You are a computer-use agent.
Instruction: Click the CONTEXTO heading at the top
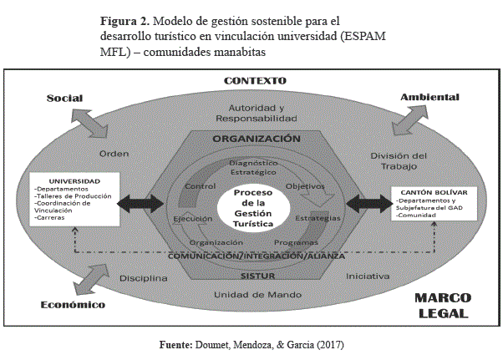point(255,81)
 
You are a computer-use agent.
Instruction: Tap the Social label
point(64,99)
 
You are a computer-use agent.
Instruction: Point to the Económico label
point(73,305)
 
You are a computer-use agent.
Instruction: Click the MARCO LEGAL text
point(444,305)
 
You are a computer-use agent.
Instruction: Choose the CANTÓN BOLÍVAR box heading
point(427,194)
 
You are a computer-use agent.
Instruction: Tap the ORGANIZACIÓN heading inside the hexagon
point(256,138)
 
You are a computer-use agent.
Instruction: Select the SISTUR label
point(256,275)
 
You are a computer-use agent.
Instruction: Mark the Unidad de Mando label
point(257,295)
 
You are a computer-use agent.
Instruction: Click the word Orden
point(114,155)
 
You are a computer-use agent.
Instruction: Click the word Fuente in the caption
point(176,344)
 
